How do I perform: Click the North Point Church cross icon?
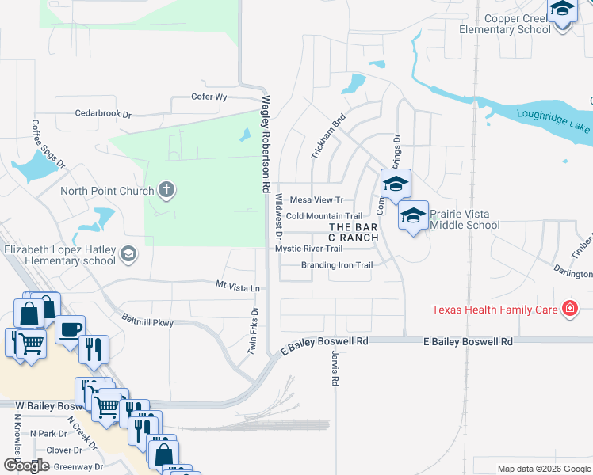click(166, 190)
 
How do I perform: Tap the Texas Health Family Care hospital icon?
click(568, 309)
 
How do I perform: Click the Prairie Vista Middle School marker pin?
click(413, 216)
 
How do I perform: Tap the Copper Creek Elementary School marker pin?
click(561, 11)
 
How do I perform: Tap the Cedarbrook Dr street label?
click(103, 114)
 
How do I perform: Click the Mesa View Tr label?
click(317, 200)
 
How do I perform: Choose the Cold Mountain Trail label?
click(323, 216)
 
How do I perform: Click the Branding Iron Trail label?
click(337, 265)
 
